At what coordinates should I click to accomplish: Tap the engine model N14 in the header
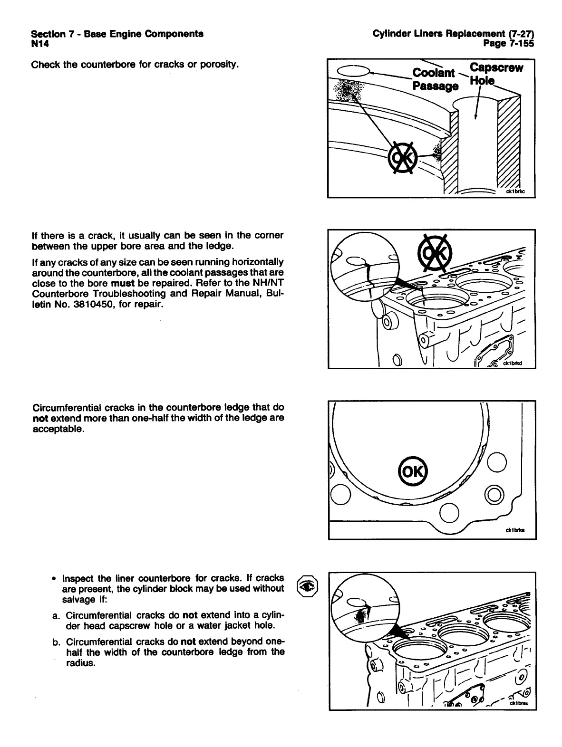tap(39, 44)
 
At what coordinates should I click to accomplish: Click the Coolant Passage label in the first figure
tap(435, 79)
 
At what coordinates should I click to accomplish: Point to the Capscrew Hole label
tap(495, 74)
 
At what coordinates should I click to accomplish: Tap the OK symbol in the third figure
tap(413, 470)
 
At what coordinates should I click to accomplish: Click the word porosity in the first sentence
tap(213, 65)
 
